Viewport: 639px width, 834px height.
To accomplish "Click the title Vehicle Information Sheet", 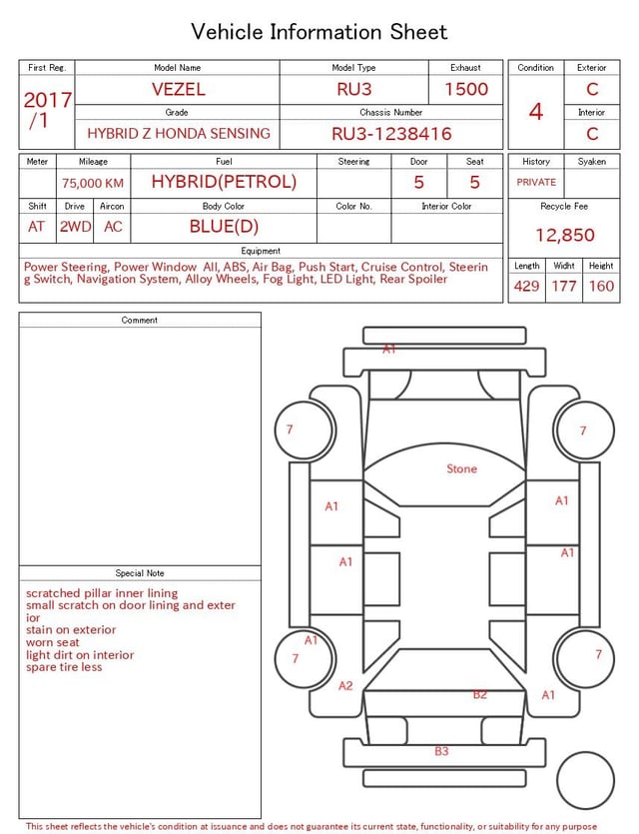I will coord(319,32).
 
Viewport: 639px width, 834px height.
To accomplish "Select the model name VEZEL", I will coord(179,89).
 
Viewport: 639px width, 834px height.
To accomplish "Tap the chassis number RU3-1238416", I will coord(391,133).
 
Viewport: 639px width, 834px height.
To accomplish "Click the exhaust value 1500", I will coord(466,89).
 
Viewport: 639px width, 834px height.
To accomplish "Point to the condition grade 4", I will coord(536,111).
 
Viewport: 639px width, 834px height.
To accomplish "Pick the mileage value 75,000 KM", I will coord(93,183).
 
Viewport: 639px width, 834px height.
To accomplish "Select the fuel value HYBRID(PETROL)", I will coord(224,182).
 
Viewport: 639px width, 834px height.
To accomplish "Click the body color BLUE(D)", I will coord(224,226).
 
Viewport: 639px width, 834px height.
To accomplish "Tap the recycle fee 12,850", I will coord(565,235).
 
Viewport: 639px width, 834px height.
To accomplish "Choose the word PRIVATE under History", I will coord(536,182).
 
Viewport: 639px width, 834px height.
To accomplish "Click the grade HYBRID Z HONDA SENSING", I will coord(179,133).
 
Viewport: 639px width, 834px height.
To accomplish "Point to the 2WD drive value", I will coord(75,227).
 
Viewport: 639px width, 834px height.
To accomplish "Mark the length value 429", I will coord(526,286).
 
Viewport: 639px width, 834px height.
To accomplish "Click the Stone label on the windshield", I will coord(461,468).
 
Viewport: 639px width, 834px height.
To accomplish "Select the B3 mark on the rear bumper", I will coord(441,751).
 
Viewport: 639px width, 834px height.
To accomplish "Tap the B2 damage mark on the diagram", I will coord(480,694).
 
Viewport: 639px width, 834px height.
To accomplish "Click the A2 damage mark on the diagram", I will coord(345,685).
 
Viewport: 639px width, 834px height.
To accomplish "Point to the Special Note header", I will coord(140,573).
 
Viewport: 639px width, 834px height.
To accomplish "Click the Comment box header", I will coord(140,320).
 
